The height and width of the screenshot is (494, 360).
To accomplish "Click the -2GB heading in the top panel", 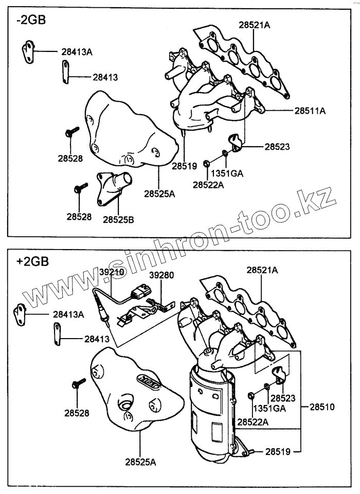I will click(x=31, y=20).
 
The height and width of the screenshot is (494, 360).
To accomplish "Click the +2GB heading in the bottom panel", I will click(x=32, y=261).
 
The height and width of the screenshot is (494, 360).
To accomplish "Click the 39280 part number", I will click(x=161, y=275).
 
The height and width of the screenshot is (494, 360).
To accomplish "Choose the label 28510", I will click(x=322, y=407).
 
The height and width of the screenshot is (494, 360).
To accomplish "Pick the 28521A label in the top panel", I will click(x=254, y=24).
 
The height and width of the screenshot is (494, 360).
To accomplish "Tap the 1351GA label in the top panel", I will click(x=229, y=173).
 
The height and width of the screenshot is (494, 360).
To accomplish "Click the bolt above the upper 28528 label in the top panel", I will click(x=71, y=131).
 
